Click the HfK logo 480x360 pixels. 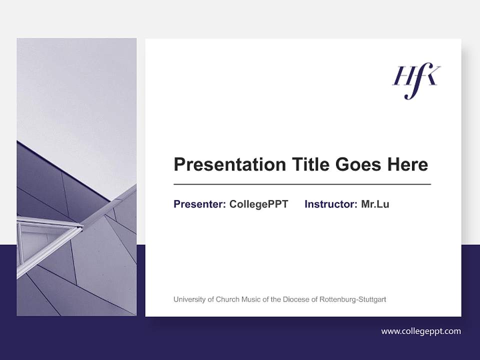pyautogui.click(x=416, y=80)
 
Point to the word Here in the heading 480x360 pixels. pyautogui.click(x=406, y=164)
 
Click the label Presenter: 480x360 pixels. pyautogui.click(x=199, y=204)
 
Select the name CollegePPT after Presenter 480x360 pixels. pyautogui.click(x=258, y=204)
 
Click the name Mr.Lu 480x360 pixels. pyautogui.click(x=375, y=204)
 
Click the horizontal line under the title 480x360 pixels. pyautogui.click(x=302, y=184)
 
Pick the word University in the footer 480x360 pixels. pyautogui.click(x=189, y=299)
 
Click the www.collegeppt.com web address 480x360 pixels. pyautogui.click(x=421, y=331)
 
